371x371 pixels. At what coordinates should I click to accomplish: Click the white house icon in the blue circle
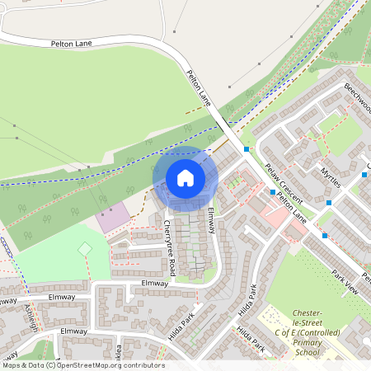185,177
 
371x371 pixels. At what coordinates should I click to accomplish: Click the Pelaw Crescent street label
284,184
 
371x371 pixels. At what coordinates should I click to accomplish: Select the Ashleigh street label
31,313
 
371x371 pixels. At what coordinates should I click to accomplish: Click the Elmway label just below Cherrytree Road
154,283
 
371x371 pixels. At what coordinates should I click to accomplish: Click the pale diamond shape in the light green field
84,248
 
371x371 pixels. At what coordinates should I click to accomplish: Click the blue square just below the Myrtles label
328,202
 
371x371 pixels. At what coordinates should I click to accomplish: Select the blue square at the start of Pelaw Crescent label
272,192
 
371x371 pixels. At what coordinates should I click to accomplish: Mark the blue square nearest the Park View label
325,236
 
